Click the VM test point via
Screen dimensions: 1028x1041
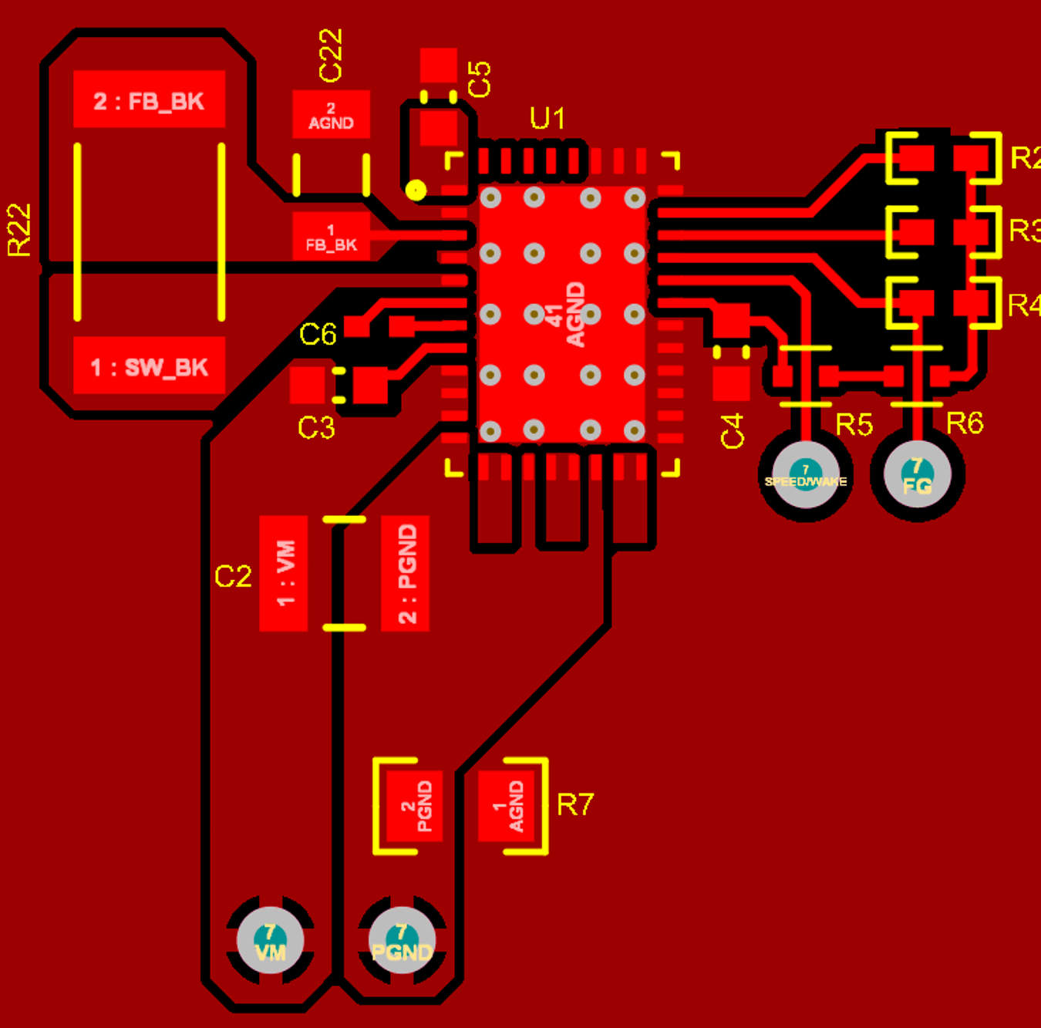click(270, 941)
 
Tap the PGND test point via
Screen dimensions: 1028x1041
click(402, 941)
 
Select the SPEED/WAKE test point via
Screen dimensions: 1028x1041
click(806, 475)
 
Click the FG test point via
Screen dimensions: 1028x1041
click(917, 475)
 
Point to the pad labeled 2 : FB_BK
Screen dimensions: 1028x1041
click(149, 99)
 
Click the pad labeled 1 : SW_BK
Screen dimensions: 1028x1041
click(149, 366)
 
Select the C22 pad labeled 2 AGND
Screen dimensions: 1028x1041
click(331, 115)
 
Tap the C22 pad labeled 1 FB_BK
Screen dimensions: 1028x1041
click(331, 237)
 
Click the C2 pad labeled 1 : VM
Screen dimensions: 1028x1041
click(284, 573)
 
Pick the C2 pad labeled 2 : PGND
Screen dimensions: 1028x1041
click(406, 573)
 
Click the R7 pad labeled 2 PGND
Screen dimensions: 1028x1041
click(415, 806)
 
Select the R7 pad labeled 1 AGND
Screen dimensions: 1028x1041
click(507, 806)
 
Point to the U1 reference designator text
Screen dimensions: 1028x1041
click(547, 119)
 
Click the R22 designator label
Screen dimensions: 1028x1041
click(19, 230)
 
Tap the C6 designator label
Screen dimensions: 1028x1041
click(318, 334)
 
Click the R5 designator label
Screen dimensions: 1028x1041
click(854, 424)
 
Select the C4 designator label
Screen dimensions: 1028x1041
click(733, 430)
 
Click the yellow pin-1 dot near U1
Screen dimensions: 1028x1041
click(416, 190)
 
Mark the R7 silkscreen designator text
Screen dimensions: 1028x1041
click(575, 804)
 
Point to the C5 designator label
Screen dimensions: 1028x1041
click(479, 79)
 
